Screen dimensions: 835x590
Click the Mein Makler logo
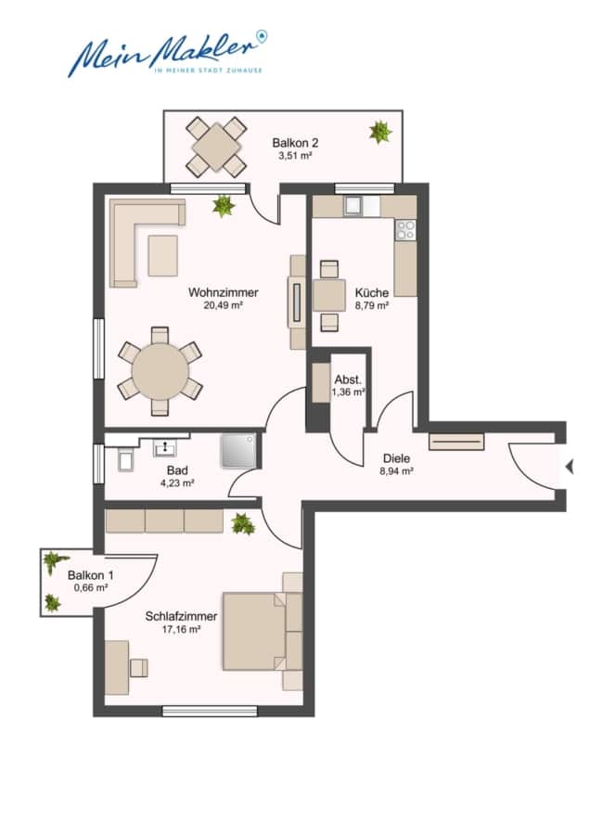pyautogui.click(x=167, y=53)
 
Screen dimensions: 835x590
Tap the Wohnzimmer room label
pyautogui.click(x=223, y=293)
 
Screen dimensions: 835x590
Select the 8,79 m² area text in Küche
pyautogui.click(x=371, y=304)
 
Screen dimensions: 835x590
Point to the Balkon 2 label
pyautogui.click(x=295, y=143)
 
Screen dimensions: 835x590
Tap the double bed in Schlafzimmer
pyautogui.click(x=257, y=631)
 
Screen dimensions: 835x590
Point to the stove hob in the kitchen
pyautogui.click(x=405, y=229)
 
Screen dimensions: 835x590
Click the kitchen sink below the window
pyautogui.click(x=353, y=206)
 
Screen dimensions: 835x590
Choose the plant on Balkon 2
pyautogui.click(x=378, y=132)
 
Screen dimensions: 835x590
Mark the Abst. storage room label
pyautogui.click(x=348, y=379)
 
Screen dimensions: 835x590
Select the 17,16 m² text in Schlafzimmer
pyautogui.click(x=182, y=629)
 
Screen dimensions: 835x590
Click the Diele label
pyautogui.click(x=394, y=457)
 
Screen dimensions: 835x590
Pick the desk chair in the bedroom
pyautogui.click(x=139, y=667)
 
